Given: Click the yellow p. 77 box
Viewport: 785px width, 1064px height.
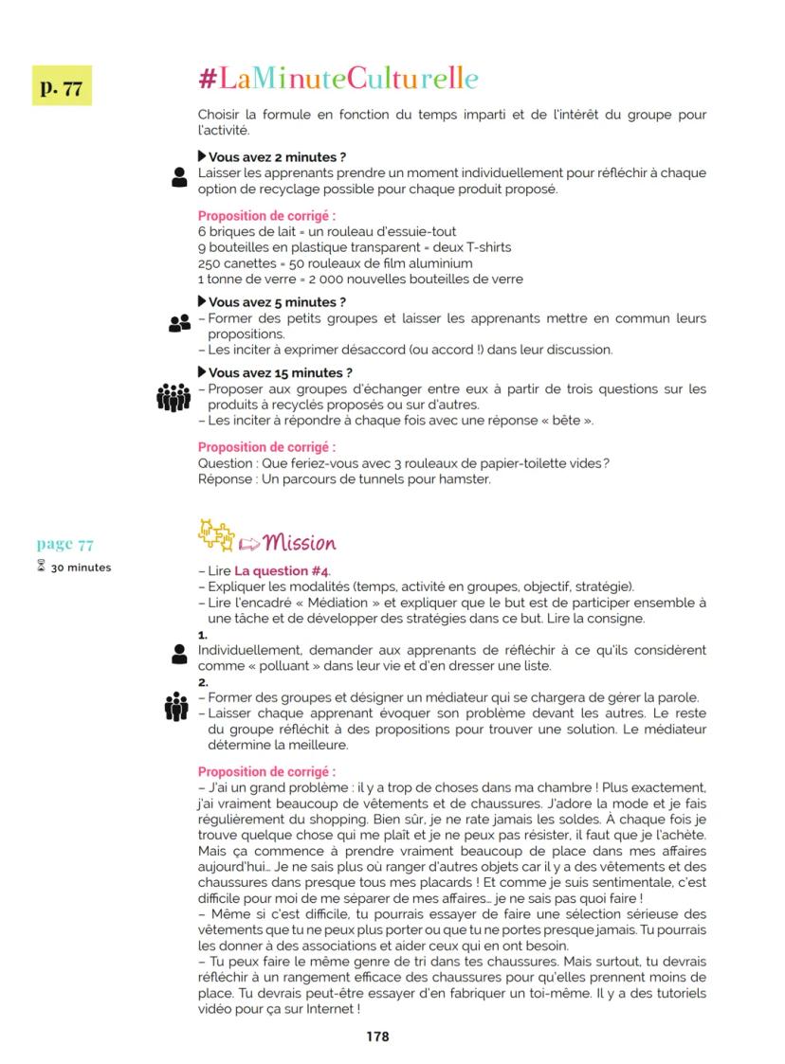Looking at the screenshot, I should click(61, 85).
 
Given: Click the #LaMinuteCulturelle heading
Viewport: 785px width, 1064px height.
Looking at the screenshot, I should click(338, 79).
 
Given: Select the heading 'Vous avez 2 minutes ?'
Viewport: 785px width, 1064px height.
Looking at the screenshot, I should click(271, 156).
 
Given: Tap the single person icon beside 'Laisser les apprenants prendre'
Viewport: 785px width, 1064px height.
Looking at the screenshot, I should click(179, 176).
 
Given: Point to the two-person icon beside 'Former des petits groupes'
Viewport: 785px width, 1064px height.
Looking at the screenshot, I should click(178, 324).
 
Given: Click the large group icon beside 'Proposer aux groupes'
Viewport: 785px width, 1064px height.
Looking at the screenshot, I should click(173, 396).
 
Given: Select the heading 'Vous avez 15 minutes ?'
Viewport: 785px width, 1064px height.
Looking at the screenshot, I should click(275, 372).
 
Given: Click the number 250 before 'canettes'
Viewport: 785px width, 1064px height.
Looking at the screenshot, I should click(210, 262).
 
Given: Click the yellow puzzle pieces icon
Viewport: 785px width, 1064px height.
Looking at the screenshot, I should click(216, 537).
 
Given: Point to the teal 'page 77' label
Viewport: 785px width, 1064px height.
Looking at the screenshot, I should click(65, 544).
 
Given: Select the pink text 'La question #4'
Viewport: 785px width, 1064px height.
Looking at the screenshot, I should click(282, 571).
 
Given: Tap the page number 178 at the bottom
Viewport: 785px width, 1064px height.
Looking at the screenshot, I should click(377, 1037).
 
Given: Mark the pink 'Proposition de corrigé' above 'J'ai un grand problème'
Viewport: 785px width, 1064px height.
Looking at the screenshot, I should click(266, 772).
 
